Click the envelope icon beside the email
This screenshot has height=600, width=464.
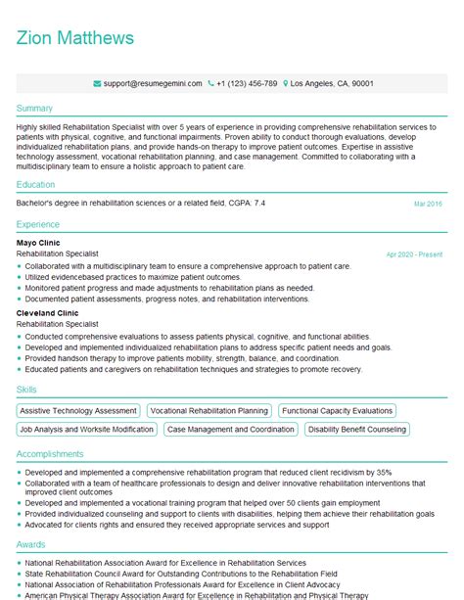point(96,84)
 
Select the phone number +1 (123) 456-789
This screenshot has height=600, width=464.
point(246,84)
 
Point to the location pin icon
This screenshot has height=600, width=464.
point(286,84)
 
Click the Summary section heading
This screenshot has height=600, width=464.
point(35,108)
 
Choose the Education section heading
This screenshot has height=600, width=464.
point(37,183)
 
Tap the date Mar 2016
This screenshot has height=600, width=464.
point(428,204)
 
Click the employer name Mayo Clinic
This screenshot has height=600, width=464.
point(39,242)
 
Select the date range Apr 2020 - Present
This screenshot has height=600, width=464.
point(414,254)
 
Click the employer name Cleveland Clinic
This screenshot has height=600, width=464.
point(49,312)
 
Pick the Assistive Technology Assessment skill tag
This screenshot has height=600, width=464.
point(78,411)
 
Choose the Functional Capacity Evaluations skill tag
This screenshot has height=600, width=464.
point(338,411)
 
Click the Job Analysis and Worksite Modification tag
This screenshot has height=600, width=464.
point(86,429)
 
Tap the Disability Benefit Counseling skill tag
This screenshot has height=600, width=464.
point(356,429)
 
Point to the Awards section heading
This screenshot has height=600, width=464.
point(31,543)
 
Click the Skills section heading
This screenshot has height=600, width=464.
point(27,390)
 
